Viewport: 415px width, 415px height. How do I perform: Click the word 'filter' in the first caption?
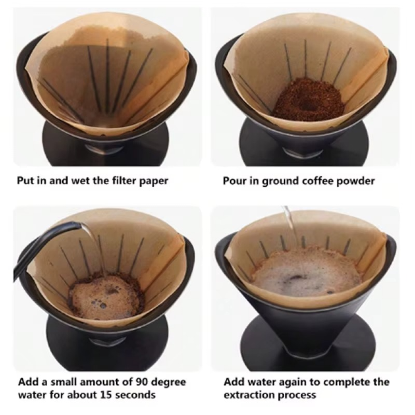(x=123, y=181)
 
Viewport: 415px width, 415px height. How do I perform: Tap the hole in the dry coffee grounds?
(x=309, y=105)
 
